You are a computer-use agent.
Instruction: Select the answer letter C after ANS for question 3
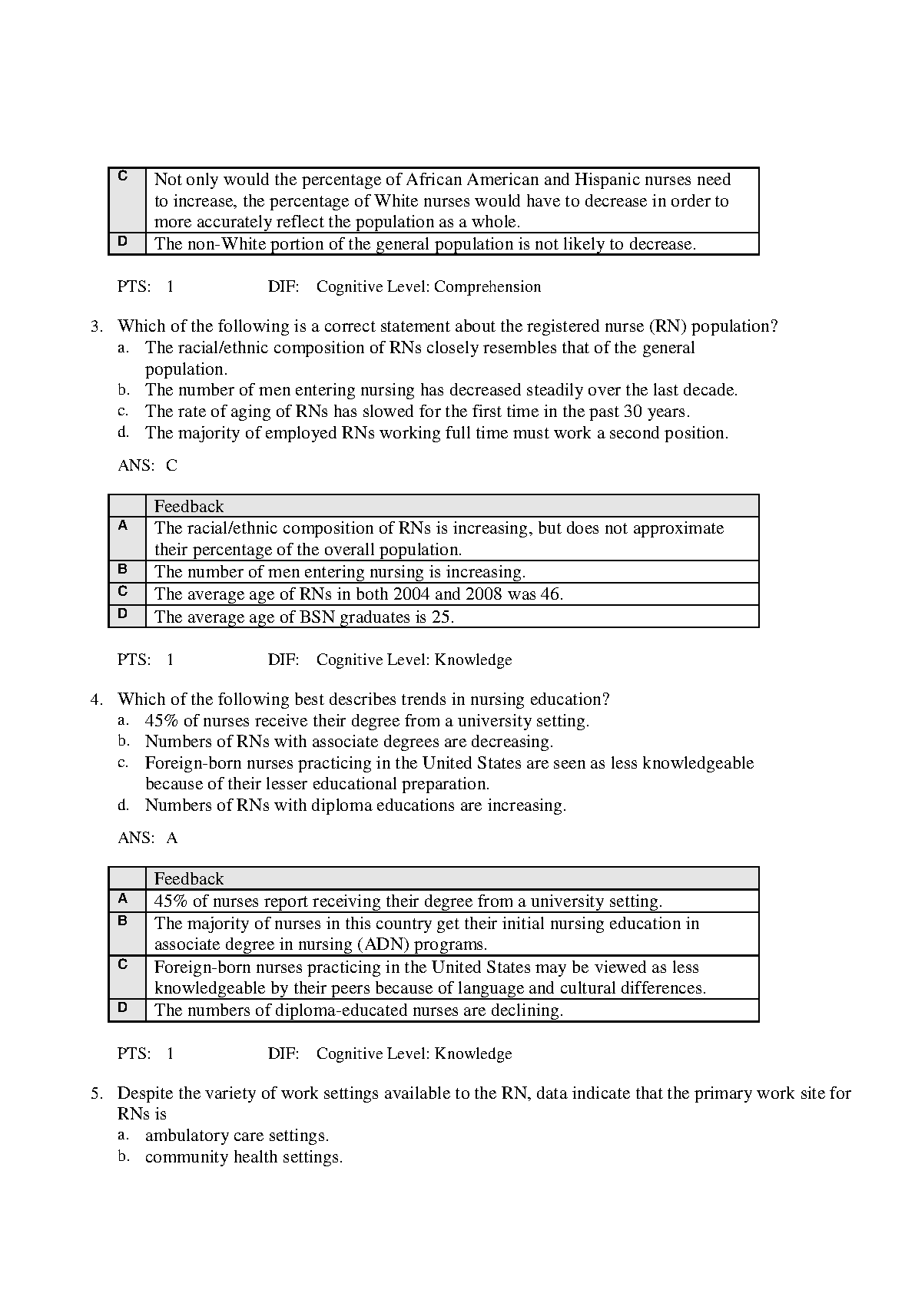pyautogui.click(x=171, y=465)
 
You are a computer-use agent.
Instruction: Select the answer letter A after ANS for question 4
pyautogui.click(x=172, y=838)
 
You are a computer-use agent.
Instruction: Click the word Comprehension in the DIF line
pyautogui.click(x=487, y=287)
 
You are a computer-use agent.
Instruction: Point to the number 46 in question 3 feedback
pyautogui.click(x=549, y=594)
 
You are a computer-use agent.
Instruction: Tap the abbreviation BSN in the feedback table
pyautogui.click(x=317, y=617)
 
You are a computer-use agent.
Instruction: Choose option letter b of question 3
pyautogui.click(x=123, y=390)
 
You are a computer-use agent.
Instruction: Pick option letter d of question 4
pyautogui.click(x=123, y=805)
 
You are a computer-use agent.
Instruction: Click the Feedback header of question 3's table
pyautogui.click(x=189, y=507)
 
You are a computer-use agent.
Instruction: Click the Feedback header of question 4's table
pyautogui.click(x=189, y=879)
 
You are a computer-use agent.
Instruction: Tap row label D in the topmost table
pyautogui.click(x=123, y=242)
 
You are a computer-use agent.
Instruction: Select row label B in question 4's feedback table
pyautogui.click(x=123, y=921)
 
